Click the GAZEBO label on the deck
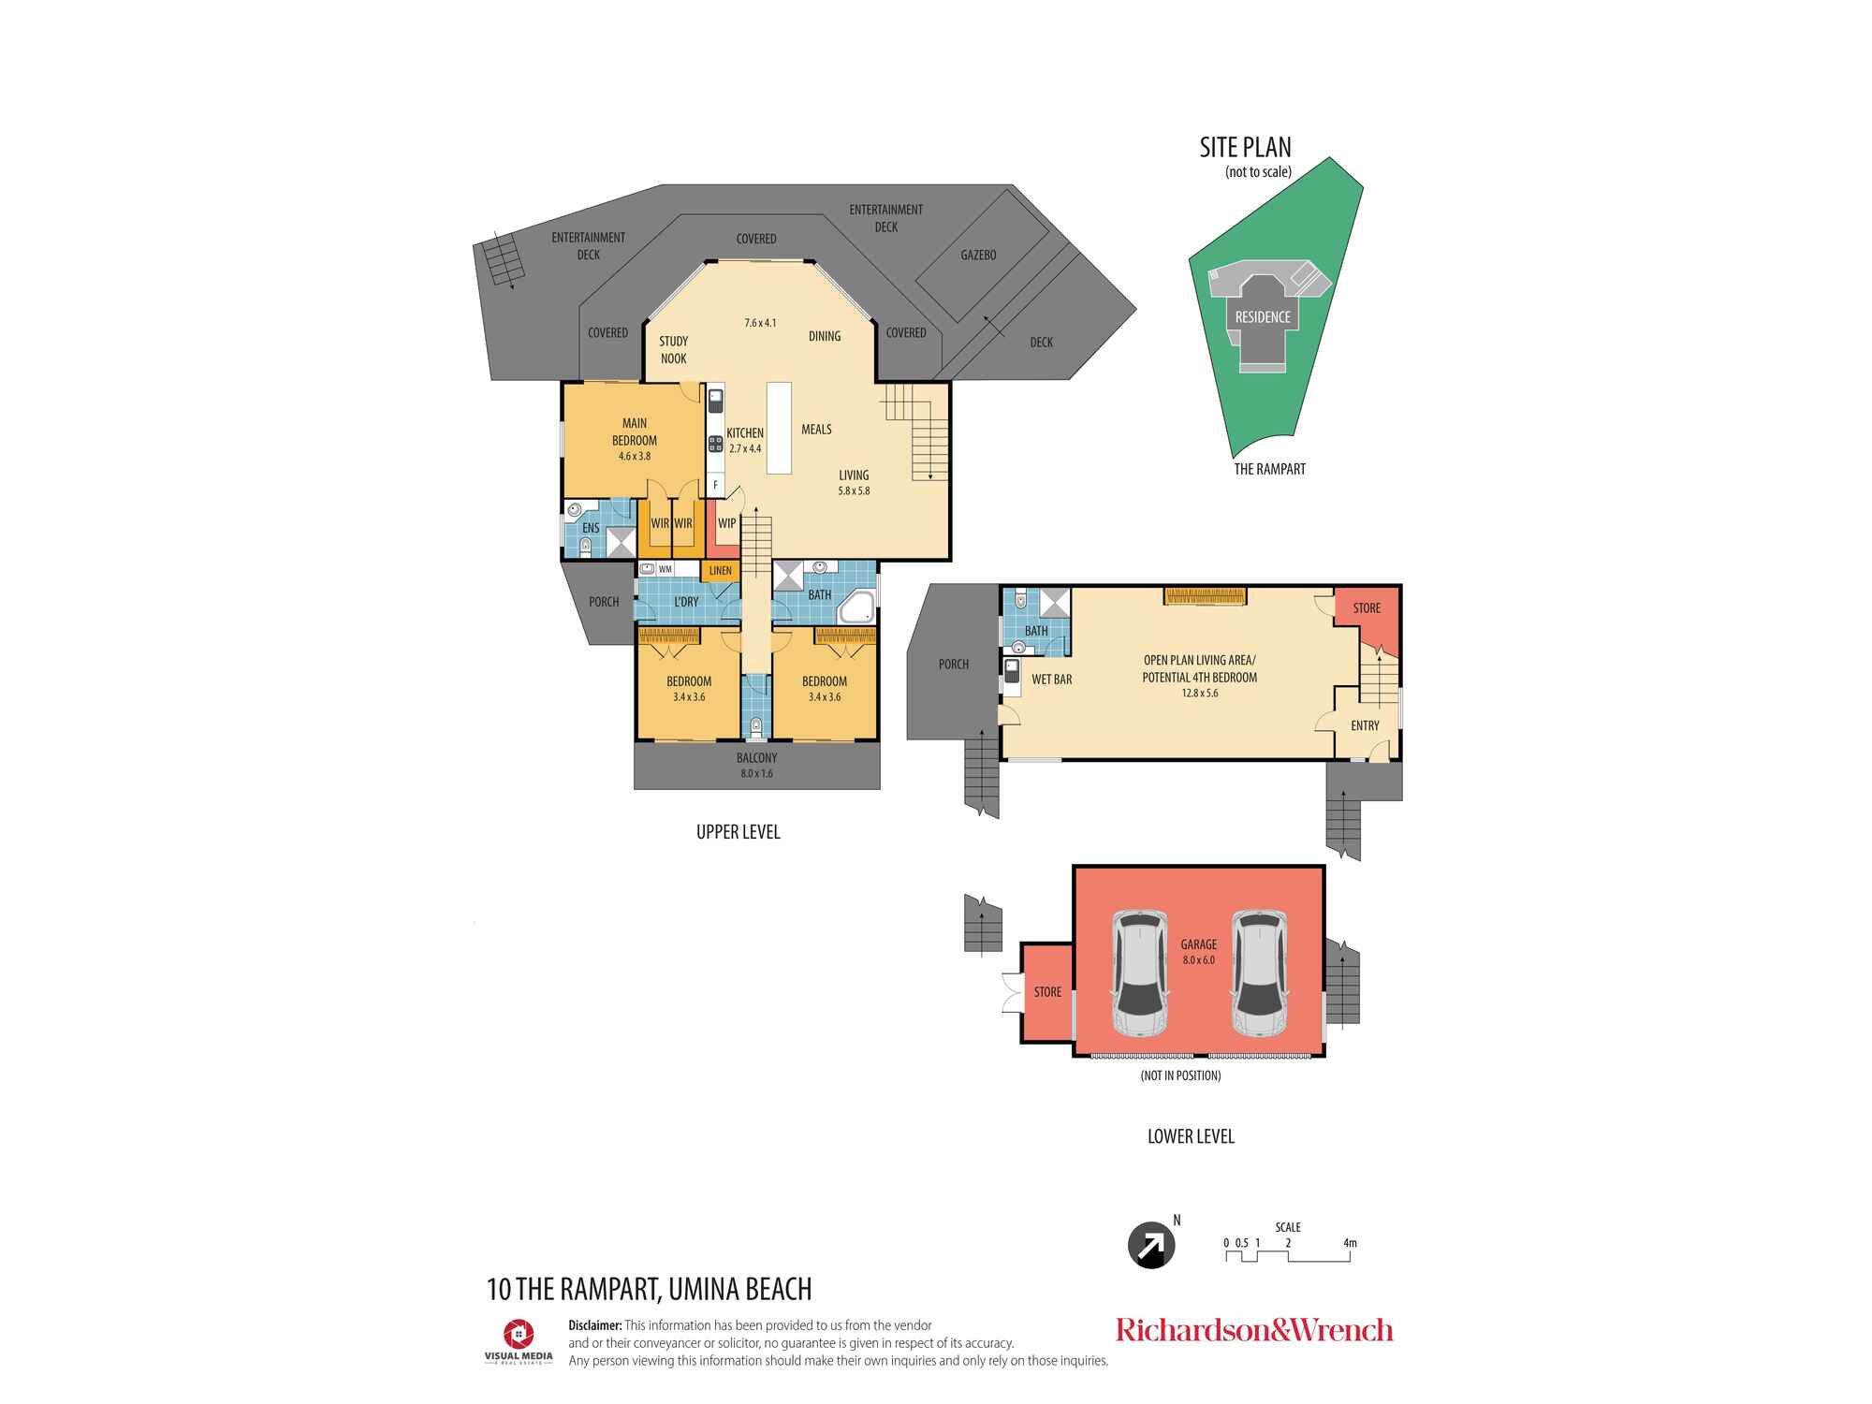click(978, 255)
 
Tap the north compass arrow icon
click(1151, 1246)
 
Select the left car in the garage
click(1140, 973)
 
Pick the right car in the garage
click(1258, 973)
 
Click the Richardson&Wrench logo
click(1254, 1330)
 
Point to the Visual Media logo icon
click(519, 1334)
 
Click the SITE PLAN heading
click(1245, 148)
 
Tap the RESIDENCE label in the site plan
click(1263, 317)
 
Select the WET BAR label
click(1051, 680)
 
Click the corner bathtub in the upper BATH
click(856, 607)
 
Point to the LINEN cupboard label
click(720, 570)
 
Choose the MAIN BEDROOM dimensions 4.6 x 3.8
click(634, 457)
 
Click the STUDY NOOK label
click(673, 350)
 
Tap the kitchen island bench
click(778, 428)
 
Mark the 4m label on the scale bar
click(1350, 1243)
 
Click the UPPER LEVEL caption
click(738, 832)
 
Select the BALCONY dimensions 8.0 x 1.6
click(756, 774)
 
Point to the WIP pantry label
click(726, 523)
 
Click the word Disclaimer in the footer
click(594, 1325)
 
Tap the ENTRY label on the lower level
click(1365, 725)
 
